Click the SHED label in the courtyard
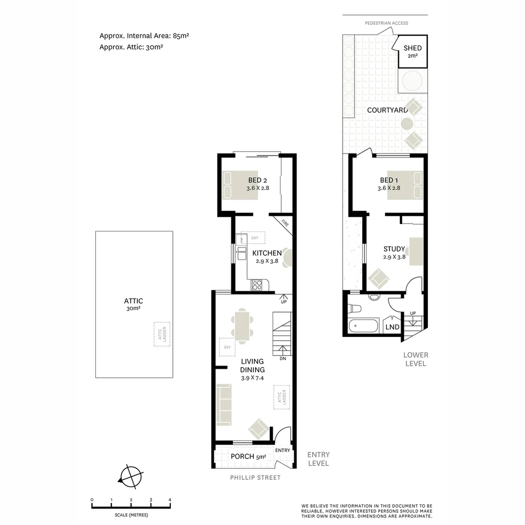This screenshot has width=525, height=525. pos(412,48)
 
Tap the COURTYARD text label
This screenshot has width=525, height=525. pos(387,110)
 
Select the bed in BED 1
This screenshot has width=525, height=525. pos(405,185)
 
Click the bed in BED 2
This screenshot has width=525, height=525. pos(240,185)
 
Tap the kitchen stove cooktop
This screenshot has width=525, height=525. pos(257,285)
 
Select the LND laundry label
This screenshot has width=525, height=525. pos(392,327)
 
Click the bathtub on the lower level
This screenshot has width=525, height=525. pos(363,326)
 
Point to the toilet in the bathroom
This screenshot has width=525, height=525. pos(354,308)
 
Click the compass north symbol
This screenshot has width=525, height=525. pos(131,475)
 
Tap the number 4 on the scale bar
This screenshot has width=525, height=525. pos(170,500)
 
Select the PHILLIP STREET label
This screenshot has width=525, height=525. pos(255,477)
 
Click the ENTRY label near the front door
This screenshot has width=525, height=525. pos(282,450)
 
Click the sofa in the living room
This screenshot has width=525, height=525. pos(224,404)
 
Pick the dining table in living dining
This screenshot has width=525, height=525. pos(242,326)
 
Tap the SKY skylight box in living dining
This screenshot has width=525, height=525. pos(227,347)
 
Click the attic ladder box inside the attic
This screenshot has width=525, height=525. pos(162,334)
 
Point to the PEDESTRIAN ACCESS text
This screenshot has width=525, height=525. pos(386,23)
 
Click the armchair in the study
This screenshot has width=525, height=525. pos(378,279)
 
